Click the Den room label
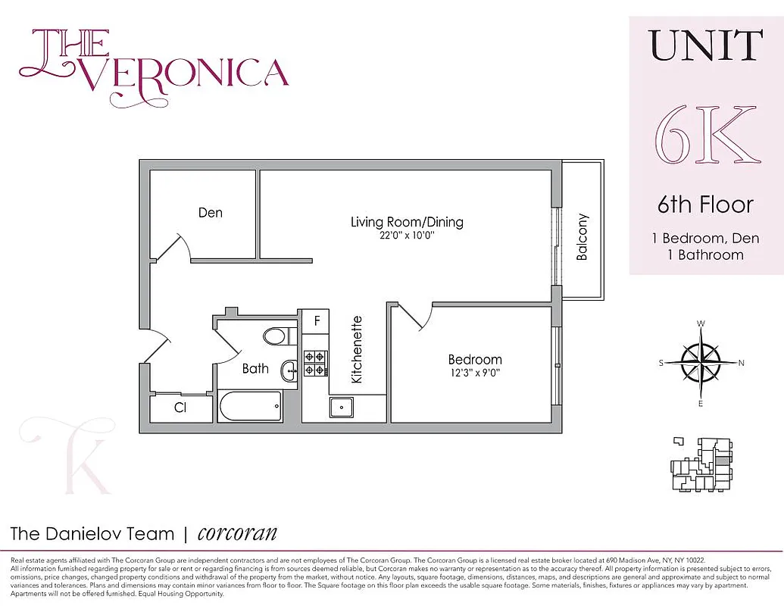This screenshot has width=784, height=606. pyautogui.click(x=210, y=213)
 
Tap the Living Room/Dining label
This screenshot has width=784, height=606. pyautogui.click(x=407, y=222)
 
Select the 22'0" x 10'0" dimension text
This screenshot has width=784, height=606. pyautogui.click(x=407, y=236)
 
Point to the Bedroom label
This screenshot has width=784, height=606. pyautogui.click(x=474, y=359)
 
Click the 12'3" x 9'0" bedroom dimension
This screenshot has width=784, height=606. pyautogui.click(x=474, y=372)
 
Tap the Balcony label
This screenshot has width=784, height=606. pyautogui.click(x=582, y=236)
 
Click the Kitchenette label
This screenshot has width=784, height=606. pyautogui.click(x=358, y=349)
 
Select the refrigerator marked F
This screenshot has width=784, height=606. pyautogui.click(x=317, y=320)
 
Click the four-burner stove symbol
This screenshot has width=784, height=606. pyautogui.click(x=315, y=363)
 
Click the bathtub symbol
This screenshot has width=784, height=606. pyautogui.click(x=250, y=407)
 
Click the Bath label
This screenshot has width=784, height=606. pyautogui.click(x=255, y=368)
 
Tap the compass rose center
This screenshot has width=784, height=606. pyautogui.click(x=701, y=363)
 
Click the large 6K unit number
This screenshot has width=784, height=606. pyautogui.click(x=706, y=137)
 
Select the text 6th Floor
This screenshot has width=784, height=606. pyautogui.click(x=705, y=205)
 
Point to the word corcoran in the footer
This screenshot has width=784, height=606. pyautogui.click(x=237, y=533)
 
